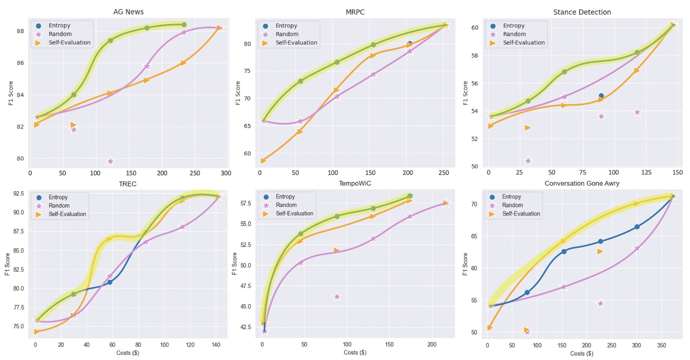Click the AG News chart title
pyautogui.click(x=128, y=12)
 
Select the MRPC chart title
pyautogui.click(x=355, y=12)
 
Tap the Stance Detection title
pyautogui.click(x=582, y=12)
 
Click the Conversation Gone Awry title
pyautogui.click(x=582, y=183)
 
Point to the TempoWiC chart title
pyautogui.click(x=355, y=183)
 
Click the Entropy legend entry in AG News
pyautogui.click(x=59, y=26)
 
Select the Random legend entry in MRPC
pyautogui.click(x=287, y=34)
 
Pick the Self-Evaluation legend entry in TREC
pyautogui.click(x=67, y=214)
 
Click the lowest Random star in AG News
pyautogui.click(x=110, y=161)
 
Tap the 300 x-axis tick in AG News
pyautogui.click(x=226, y=173)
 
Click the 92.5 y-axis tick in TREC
pyautogui.click(x=19, y=193)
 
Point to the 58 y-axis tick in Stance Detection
pyautogui.click(x=474, y=55)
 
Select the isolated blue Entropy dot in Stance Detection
pyautogui.click(x=601, y=96)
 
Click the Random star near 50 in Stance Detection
pyautogui.click(x=528, y=161)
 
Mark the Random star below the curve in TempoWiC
pyautogui.click(x=337, y=297)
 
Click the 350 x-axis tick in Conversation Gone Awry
pyautogui.click(x=661, y=345)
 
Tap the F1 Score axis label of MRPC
pyautogui.click(x=238, y=93)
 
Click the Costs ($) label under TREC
pyautogui.click(x=127, y=353)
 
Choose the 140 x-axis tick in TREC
pyautogui.click(x=216, y=345)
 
